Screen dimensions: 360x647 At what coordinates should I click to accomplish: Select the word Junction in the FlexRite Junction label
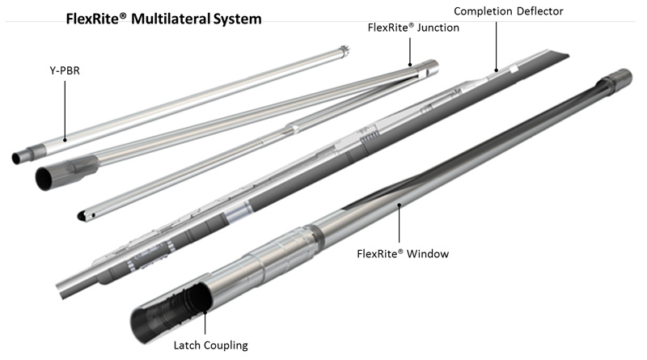point(435,28)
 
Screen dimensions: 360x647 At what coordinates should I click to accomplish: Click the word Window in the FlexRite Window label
point(427,253)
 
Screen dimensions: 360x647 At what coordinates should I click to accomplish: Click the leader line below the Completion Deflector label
point(496,44)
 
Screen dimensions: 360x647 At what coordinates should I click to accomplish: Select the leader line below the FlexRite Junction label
point(410,49)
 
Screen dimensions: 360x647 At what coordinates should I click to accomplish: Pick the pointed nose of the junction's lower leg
point(81,218)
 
